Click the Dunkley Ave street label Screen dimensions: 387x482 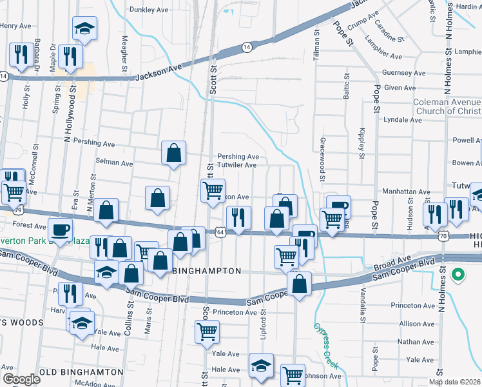[x=149, y=10]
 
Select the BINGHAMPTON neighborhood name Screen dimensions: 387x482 [x=207, y=272]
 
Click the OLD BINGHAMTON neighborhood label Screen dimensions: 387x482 [x=81, y=372]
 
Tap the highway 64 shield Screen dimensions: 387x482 [x=220, y=231]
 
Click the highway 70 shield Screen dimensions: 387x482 [x=443, y=237]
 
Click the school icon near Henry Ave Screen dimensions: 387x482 [x=84, y=28]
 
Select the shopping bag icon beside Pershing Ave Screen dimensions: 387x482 [x=173, y=154]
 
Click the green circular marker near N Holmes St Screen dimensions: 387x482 [x=458, y=275]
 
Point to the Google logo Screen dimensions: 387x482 [x=21, y=379]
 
